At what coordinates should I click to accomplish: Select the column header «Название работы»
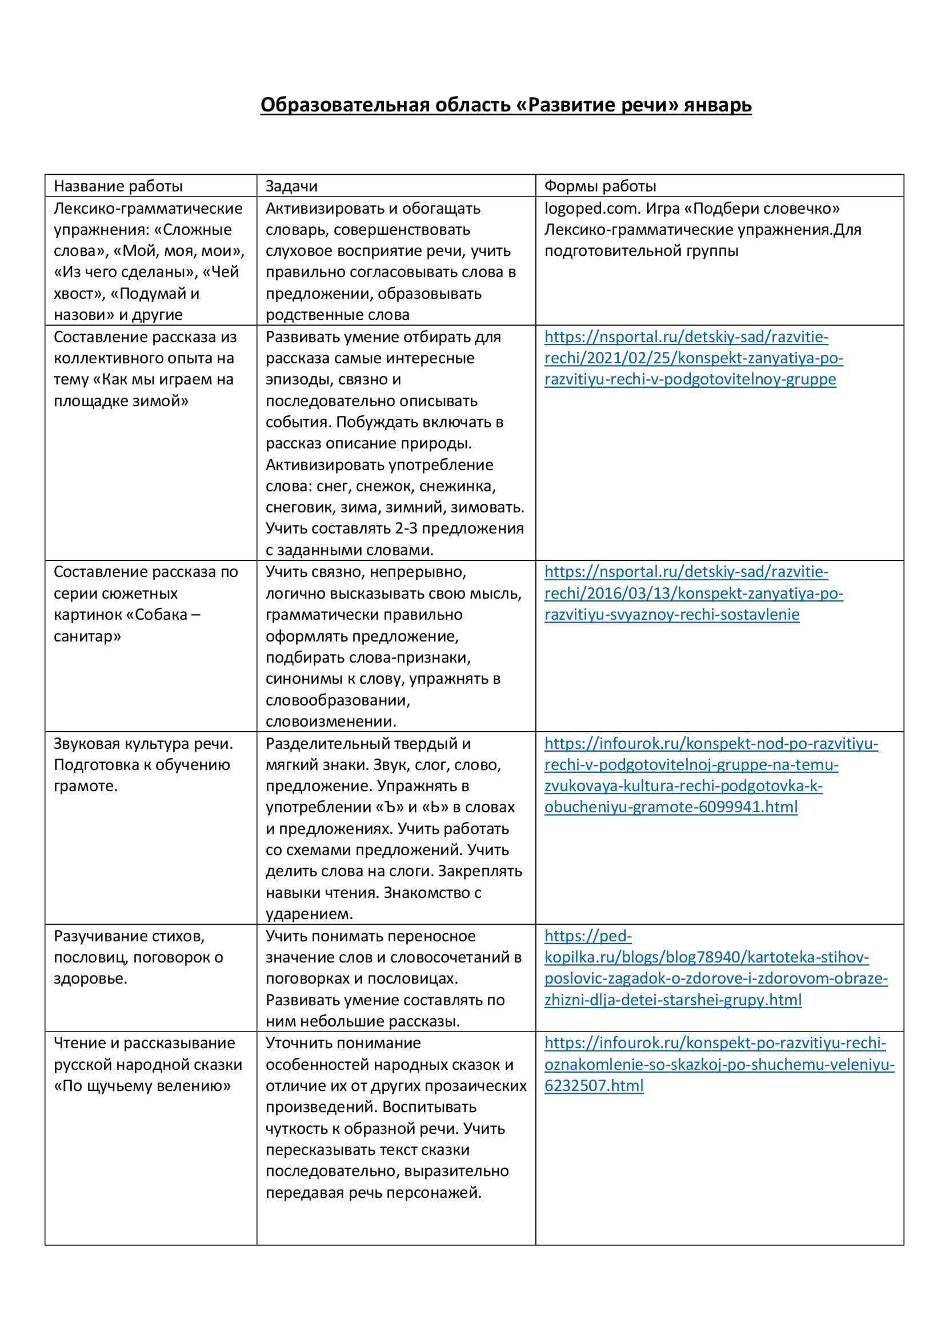(x=118, y=186)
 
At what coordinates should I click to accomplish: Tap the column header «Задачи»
(x=291, y=186)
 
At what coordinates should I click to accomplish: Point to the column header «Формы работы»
(x=600, y=186)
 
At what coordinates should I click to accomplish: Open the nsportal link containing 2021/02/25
(x=693, y=358)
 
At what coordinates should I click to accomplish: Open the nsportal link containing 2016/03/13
(x=693, y=593)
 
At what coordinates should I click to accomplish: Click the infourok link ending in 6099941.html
(x=711, y=775)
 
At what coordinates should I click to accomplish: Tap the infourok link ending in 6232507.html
(x=719, y=1064)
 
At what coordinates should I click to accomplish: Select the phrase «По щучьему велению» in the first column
(x=143, y=1086)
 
